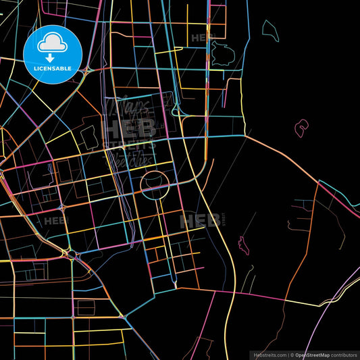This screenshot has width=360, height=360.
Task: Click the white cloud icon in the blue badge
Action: click(x=52, y=43)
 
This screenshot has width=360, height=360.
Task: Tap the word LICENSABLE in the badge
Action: click(x=52, y=69)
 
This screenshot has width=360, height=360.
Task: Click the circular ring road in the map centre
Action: click(x=154, y=184)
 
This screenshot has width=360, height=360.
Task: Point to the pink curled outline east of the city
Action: click(x=301, y=127)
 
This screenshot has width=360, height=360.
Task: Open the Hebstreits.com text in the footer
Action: click(x=269, y=354)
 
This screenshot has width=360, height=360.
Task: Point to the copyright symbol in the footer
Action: click(x=291, y=354)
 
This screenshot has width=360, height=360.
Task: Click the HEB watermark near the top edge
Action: click(x=201, y=38)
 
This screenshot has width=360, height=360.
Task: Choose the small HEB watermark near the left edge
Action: click(x=55, y=220)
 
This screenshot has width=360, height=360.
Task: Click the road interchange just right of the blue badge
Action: click(x=89, y=69)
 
